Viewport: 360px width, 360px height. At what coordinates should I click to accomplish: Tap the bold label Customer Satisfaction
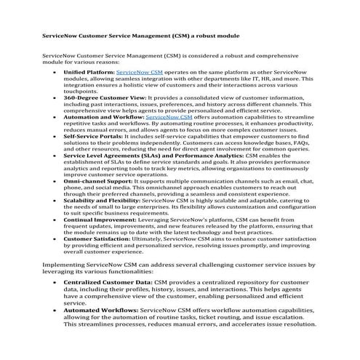coord(97,240)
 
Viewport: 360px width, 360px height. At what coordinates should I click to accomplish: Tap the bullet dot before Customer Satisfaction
coord(57,241)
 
